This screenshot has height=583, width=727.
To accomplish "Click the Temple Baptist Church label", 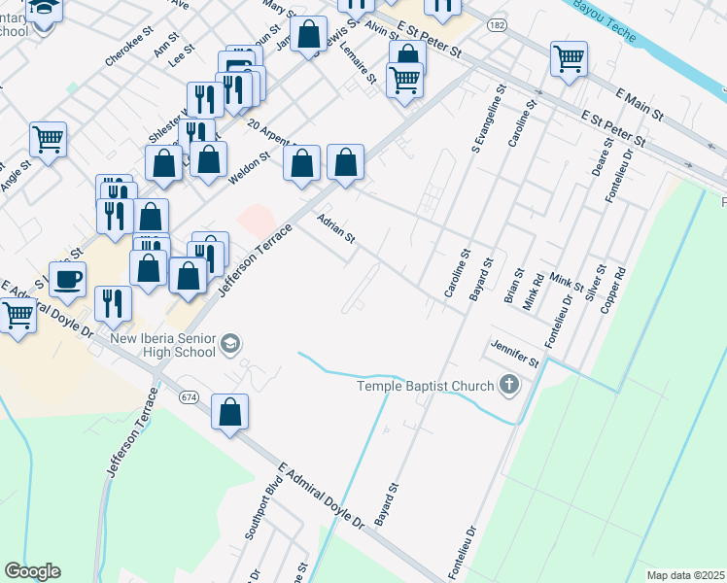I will (426, 386).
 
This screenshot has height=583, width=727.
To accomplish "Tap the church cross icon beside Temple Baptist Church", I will (508, 386).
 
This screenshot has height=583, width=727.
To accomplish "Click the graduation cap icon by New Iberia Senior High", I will (230, 342).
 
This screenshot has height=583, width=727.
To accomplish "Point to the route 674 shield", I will (189, 397).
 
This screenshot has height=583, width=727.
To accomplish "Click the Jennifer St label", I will (515, 355).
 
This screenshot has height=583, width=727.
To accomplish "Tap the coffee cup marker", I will (67, 279).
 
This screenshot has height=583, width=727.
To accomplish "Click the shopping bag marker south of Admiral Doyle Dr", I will (229, 412).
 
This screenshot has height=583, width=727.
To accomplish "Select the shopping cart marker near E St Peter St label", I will (569, 58).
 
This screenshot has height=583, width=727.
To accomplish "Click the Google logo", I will (32, 571).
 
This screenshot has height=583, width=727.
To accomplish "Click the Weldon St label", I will (248, 171).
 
